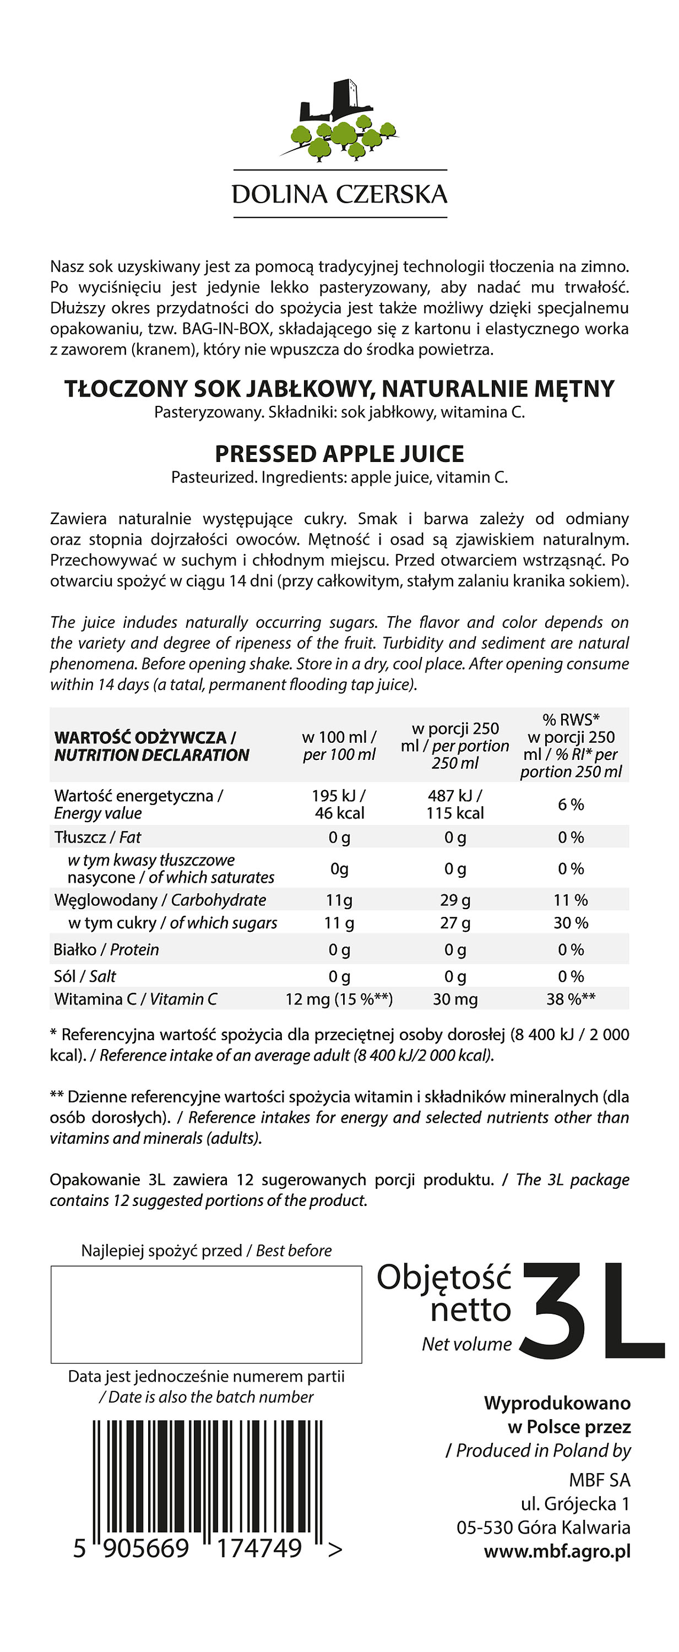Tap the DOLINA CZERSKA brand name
point(339,194)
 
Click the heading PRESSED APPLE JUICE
point(339,453)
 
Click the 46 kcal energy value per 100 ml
point(339,813)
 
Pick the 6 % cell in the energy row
point(571,804)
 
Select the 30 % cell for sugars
point(571,923)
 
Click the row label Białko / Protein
point(106,950)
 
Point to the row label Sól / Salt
point(85,976)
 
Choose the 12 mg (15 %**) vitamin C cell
point(339,999)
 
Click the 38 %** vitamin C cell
point(571,999)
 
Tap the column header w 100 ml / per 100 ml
point(339,746)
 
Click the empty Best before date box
point(207,1314)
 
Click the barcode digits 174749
point(259,1548)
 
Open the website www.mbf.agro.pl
point(557,1551)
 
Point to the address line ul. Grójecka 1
point(575,1504)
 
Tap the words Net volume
point(467,1344)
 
